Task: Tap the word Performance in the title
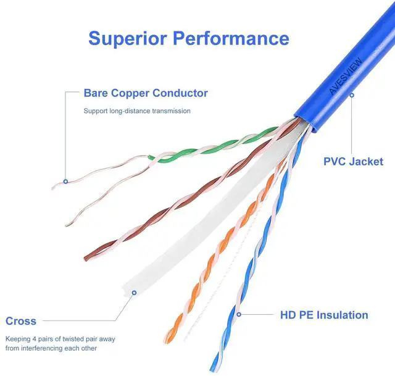230,38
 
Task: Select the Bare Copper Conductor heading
146,93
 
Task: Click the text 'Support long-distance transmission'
137,111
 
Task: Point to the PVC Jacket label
353,162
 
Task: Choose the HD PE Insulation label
324,315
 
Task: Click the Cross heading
21,321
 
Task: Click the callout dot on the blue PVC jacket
352,95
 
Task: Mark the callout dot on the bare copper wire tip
65,181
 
